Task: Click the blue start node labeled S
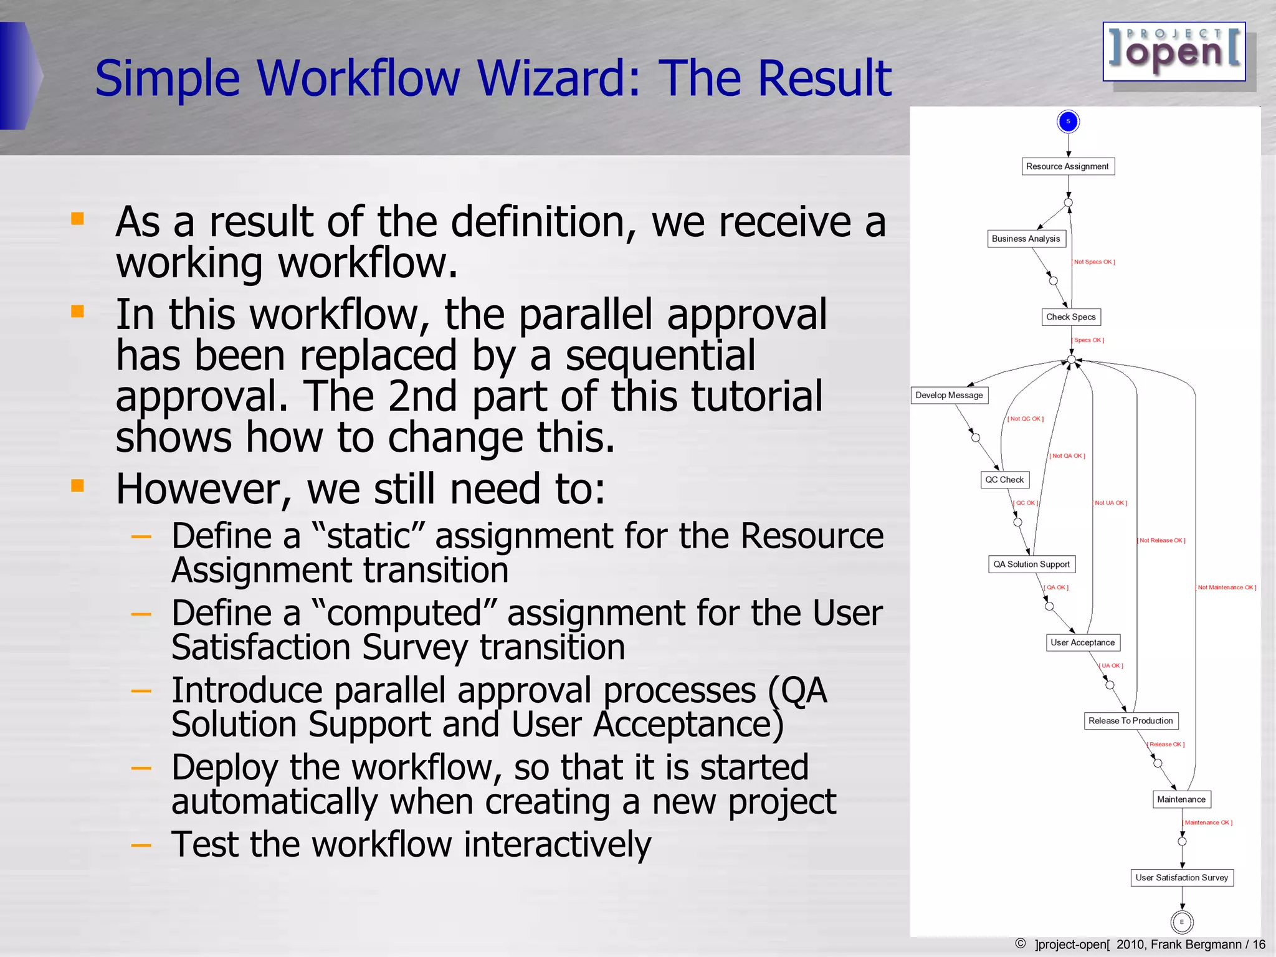pos(1068,121)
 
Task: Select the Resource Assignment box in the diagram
pos(1067,166)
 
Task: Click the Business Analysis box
pos(1026,239)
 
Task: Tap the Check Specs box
pos(1070,317)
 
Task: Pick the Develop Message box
pos(949,395)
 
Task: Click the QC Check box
pos(1004,480)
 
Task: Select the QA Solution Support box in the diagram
pos(1031,564)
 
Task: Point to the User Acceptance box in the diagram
pos(1082,642)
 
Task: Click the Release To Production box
pos(1130,721)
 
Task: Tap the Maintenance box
pos(1181,799)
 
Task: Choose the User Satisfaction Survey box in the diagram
pos(1181,878)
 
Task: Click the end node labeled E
pos(1181,922)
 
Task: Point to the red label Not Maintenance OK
pos(1226,588)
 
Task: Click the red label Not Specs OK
pos(1094,262)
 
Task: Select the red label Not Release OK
pos(1162,541)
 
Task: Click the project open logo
pos(1174,52)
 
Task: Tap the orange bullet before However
pos(77,485)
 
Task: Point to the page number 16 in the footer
pos(1259,945)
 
